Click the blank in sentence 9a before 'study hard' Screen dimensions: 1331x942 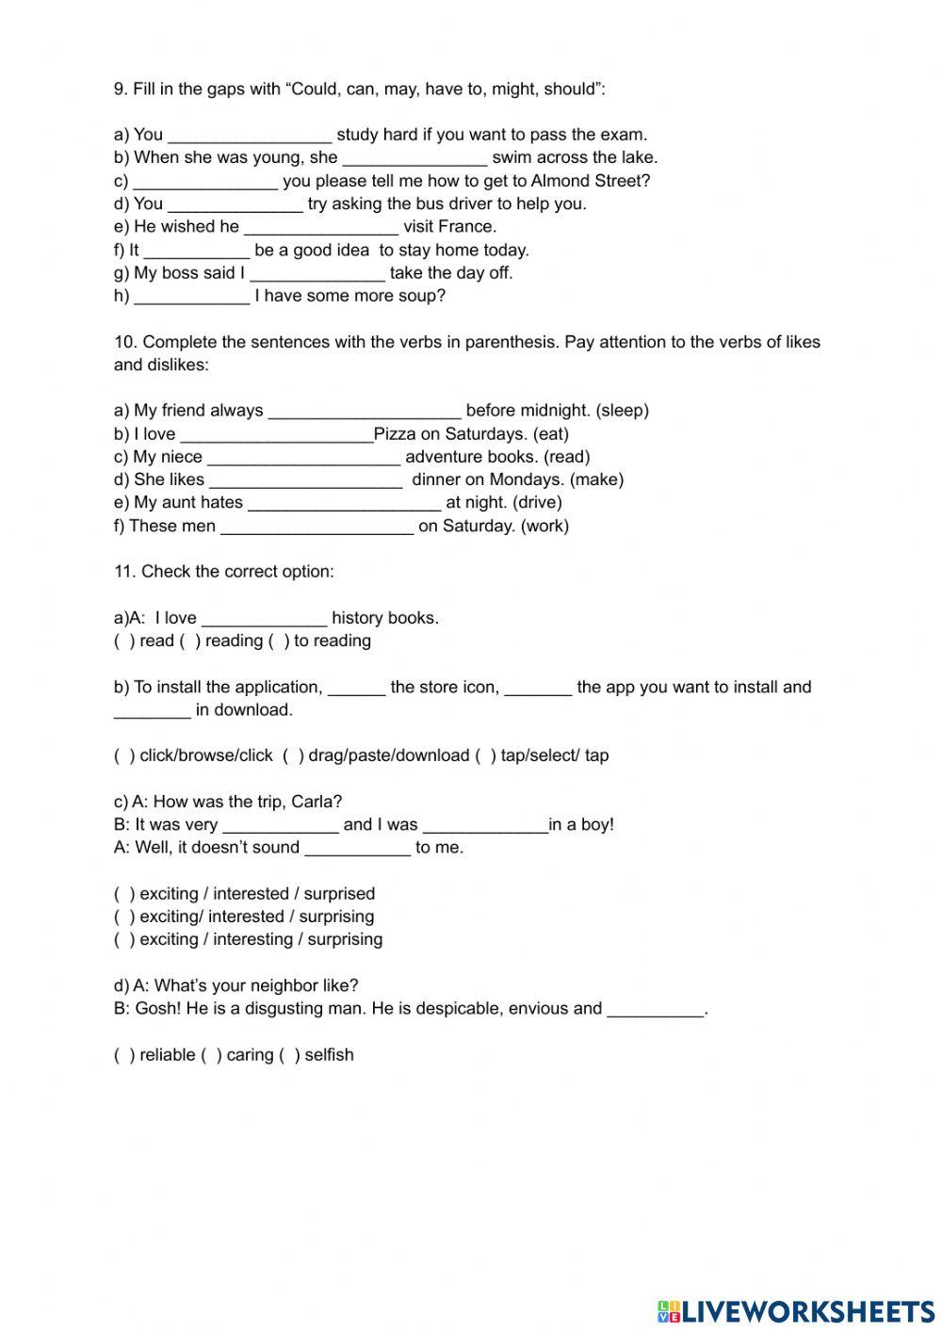250,135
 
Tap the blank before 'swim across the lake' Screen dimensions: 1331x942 414,157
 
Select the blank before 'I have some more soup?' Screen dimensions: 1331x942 191,296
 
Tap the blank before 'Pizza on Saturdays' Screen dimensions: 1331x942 276,434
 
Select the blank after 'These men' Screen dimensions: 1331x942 317,526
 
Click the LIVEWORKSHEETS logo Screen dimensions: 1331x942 796,1310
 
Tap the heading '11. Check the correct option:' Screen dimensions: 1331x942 223,572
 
